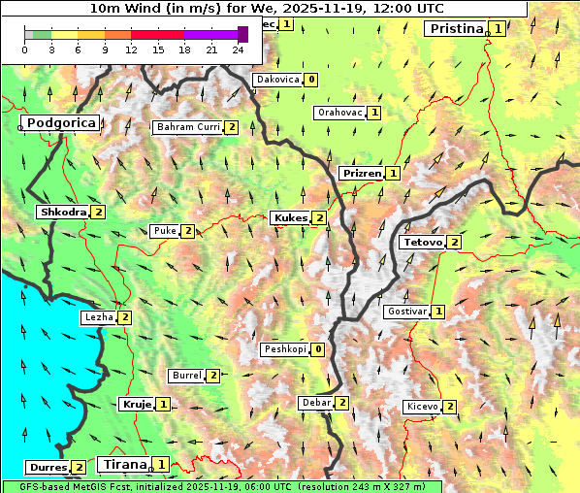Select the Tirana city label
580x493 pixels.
123,464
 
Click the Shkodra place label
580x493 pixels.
62,212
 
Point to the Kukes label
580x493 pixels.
290,218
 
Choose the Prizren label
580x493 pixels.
361,174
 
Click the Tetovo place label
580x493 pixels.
422,242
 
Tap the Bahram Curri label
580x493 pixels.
188,127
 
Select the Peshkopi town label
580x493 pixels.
284,349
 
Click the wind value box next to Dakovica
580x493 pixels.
310,80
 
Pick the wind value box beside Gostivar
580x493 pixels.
438,312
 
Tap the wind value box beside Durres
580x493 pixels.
79,468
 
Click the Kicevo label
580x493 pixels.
423,407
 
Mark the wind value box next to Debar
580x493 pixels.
341,403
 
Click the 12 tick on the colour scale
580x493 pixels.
131,49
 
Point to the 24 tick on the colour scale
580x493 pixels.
238,49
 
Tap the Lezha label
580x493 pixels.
97,317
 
